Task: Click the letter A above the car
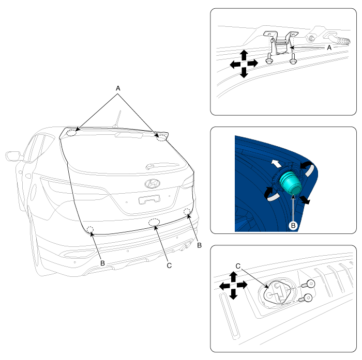(118, 88)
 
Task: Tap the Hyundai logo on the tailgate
(152, 183)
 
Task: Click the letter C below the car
(169, 265)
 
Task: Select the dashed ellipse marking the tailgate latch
(154, 222)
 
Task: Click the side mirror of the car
(13, 156)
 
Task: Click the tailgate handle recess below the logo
(149, 199)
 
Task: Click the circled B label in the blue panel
(293, 225)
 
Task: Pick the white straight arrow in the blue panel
(276, 163)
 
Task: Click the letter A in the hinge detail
(329, 48)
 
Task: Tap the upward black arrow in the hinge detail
(244, 55)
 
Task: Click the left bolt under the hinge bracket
(269, 58)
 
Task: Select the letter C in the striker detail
(238, 266)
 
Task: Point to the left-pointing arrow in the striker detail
(224, 287)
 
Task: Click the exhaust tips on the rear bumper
(187, 246)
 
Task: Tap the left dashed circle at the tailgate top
(71, 133)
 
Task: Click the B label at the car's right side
(200, 245)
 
